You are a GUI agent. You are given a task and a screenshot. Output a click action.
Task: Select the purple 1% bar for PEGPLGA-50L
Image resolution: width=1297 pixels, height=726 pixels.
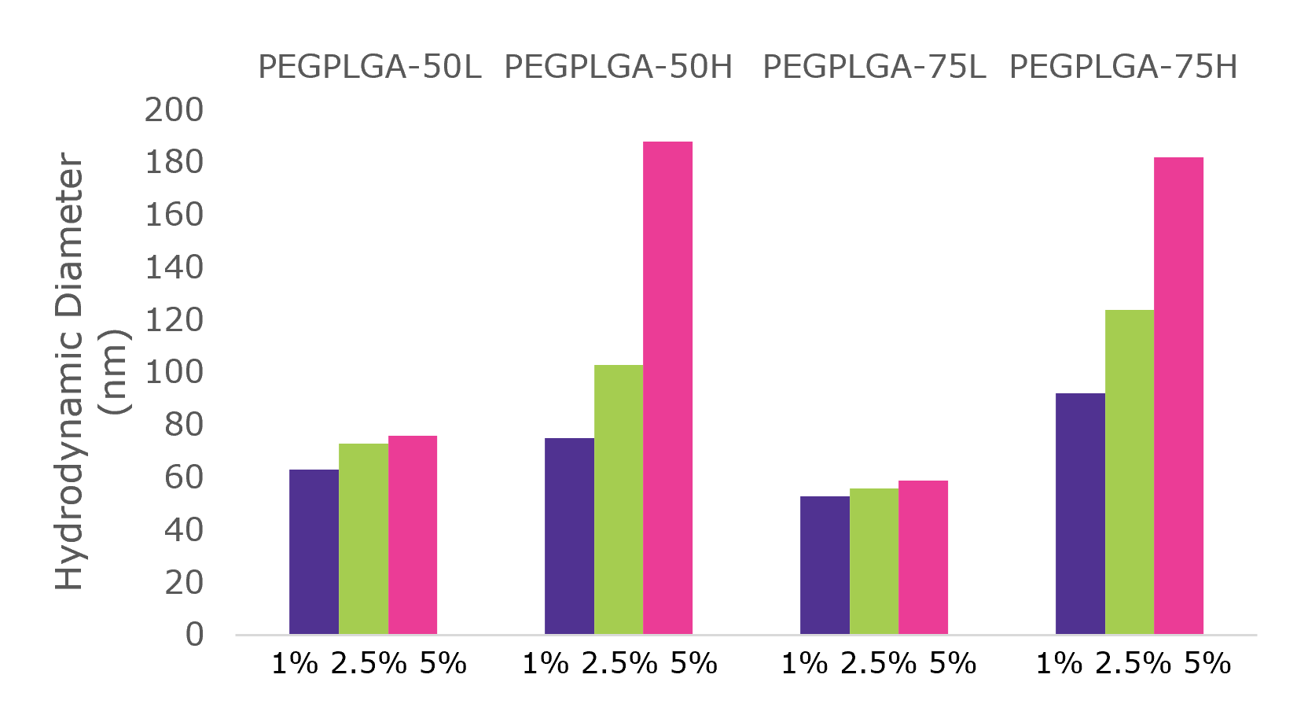pyautogui.click(x=314, y=551)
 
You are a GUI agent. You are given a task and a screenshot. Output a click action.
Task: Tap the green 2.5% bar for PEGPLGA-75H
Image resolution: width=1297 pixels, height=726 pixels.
pyautogui.click(x=1129, y=472)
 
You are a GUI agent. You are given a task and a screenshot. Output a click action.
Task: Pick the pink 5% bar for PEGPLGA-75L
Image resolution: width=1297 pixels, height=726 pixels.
pyautogui.click(x=923, y=557)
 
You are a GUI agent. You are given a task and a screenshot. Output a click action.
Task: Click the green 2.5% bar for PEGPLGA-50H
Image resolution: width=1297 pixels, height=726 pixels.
pyautogui.click(x=618, y=499)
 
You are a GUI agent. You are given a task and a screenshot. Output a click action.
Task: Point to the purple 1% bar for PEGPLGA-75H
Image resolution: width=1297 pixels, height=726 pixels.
pyautogui.click(x=1080, y=514)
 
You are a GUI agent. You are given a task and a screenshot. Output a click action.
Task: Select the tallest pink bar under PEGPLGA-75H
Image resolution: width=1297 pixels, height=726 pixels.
pyautogui.click(x=1178, y=396)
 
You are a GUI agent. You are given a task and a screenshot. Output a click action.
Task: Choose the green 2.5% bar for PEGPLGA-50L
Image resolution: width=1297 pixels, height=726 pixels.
pyautogui.click(x=363, y=539)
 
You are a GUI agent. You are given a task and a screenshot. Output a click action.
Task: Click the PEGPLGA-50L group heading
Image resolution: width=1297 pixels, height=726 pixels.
pyautogui.click(x=369, y=68)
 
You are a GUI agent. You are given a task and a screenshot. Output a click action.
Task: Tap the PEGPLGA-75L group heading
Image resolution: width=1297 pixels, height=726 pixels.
pyautogui.click(x=874, y=68)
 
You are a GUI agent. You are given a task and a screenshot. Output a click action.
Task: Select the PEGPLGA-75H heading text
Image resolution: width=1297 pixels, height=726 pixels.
pyautogui.click(x=1123, y=68)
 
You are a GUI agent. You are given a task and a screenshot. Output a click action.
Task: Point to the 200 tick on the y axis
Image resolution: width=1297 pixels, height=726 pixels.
pyautogui.click(x=174, y=110)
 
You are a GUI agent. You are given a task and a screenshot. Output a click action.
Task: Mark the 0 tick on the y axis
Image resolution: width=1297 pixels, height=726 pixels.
pyautogui.click(x=194, y=635)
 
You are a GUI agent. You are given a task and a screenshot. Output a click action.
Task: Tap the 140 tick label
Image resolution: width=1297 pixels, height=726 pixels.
pyautogui.click(x=174, y=267)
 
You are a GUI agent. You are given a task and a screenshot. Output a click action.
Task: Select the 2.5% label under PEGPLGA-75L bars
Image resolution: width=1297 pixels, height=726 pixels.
pyautogui.click(x=878, y=664)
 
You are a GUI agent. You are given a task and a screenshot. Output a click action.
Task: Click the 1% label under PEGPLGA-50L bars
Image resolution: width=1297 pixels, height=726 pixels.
pyautogui.click(x=294, y=664)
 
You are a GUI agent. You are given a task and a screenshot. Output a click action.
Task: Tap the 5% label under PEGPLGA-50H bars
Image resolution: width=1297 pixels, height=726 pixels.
pyautogui.click(x=693, y=664)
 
